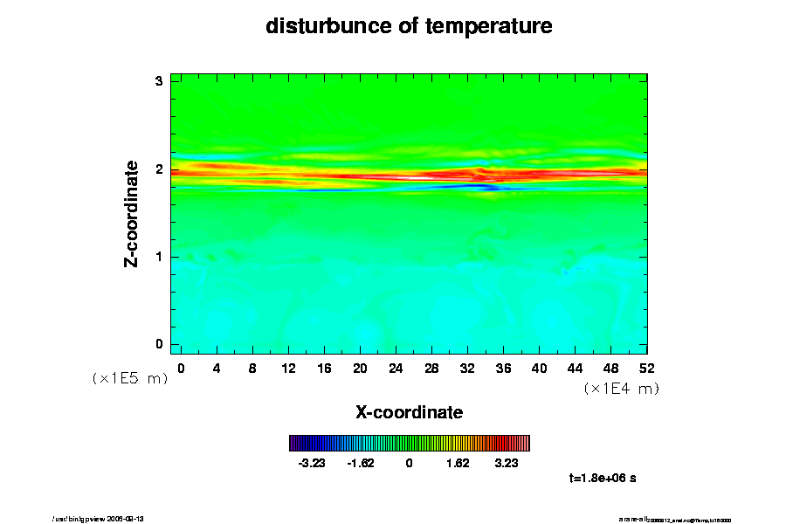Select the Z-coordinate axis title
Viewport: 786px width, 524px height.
(x=132, y=213)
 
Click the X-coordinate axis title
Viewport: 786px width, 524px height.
(x=409, y=411)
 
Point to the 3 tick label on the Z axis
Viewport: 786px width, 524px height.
(x=159, y=81)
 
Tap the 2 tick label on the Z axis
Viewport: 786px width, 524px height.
(x=159, y=169)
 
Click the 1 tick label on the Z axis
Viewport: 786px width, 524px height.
(x=159, y=257)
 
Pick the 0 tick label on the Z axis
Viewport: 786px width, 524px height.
(x=159, y=344)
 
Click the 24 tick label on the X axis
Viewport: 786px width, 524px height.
(x=396, y=368)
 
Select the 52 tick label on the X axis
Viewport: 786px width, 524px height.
(x=647, y=368)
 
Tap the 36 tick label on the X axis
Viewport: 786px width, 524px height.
(x=503, y=368)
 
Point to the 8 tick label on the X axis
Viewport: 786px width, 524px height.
(x=252, y=368)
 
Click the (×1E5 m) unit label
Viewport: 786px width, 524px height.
(x=130, y=378)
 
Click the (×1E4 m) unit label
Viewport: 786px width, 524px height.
(x=621, y=389)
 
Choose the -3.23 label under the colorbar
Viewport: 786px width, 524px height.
(x=312, y=463)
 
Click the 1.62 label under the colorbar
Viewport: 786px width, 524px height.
(x=457, y=463)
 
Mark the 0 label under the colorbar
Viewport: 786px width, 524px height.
(x=409, y=463)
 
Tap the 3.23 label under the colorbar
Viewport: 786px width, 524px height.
(x=505, y=463)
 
